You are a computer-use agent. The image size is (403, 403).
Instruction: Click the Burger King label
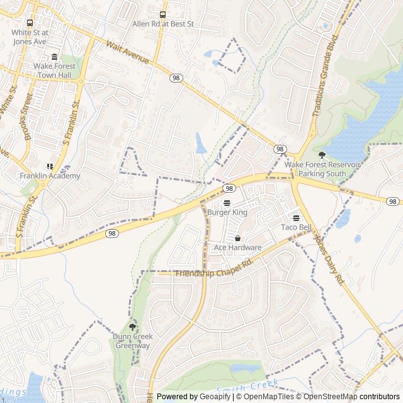pos(227,213)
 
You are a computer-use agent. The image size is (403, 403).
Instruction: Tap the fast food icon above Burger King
pos(227,203)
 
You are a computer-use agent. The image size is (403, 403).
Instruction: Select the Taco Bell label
pos(296,227)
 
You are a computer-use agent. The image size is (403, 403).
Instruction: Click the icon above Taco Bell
pos(296,218)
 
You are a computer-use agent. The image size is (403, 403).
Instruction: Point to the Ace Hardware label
pos(237,247)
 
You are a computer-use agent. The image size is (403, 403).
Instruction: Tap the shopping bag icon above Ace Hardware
pos(237,238)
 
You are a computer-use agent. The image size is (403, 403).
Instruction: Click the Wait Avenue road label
pos(128,52)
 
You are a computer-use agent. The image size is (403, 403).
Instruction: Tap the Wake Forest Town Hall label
pos(54,70)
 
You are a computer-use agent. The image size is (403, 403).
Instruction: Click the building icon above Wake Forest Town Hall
pos(54,57)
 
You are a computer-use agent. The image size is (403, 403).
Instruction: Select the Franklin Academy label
pos(50,176)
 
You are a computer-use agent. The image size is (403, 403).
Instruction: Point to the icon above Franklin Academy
pos(50,166)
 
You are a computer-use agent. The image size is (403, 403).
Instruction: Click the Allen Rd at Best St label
pos(163,24)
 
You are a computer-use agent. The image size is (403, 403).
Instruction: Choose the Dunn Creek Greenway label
pos(132,341)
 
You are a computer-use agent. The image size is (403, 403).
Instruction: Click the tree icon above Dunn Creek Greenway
pos(132,327)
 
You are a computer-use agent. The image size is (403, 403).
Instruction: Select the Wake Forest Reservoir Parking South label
pos(322,168)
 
